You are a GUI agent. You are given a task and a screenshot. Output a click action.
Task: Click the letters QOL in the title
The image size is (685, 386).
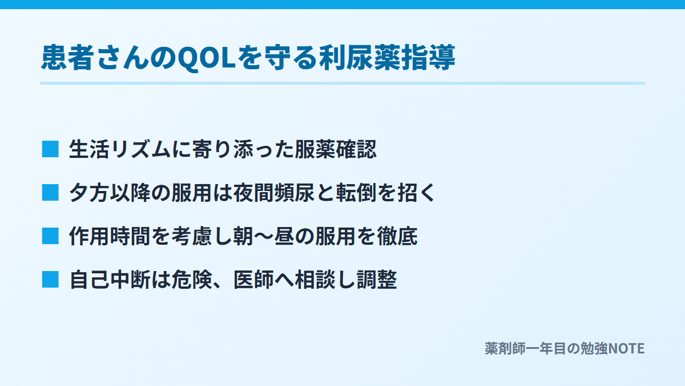207,58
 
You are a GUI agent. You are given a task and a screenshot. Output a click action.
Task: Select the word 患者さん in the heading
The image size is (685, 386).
95,58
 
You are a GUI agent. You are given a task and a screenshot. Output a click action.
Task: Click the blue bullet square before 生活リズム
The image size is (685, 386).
50,149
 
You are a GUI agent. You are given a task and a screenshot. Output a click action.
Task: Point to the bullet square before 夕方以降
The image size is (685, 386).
50,193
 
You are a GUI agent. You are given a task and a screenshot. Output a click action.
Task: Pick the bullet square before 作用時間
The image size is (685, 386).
50,236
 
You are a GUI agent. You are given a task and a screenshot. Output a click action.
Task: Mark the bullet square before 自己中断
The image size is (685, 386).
50,280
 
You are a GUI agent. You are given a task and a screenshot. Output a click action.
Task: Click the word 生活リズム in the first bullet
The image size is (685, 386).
120,149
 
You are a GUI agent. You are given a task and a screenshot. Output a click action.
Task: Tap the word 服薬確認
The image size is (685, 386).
336,149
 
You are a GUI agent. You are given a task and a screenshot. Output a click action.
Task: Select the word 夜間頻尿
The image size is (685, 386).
273,193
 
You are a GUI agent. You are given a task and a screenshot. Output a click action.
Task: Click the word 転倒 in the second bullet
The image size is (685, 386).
356,193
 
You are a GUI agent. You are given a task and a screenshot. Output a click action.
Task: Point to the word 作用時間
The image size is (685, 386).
110,236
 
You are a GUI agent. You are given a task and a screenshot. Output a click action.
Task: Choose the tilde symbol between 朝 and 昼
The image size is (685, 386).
264,236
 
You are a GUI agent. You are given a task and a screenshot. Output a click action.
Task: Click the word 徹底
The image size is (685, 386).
397,236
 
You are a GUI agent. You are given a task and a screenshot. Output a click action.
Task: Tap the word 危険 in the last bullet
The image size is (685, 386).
192,280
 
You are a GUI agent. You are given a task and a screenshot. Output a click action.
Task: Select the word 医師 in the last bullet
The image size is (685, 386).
253,280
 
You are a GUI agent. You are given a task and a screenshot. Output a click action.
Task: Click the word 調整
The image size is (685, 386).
377,280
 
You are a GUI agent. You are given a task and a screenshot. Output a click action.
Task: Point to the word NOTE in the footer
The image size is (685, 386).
626,349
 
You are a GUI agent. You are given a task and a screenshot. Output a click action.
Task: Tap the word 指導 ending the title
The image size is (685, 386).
428,58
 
